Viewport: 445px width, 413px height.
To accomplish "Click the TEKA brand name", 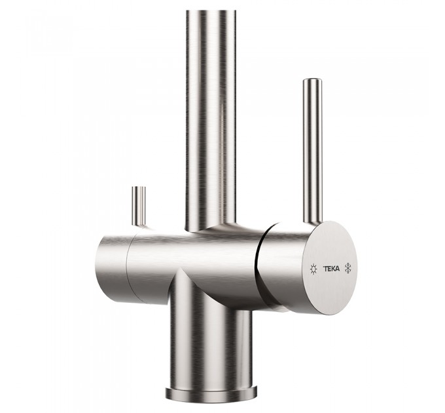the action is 332,269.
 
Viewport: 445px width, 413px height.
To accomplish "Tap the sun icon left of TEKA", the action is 313,269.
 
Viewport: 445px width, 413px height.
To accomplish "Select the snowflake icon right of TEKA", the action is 348,268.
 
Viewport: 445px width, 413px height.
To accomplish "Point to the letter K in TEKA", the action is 333,269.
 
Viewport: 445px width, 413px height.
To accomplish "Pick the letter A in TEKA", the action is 338,269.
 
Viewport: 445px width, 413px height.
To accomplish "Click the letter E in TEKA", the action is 329,269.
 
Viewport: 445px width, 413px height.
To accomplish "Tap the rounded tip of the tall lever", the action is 312,80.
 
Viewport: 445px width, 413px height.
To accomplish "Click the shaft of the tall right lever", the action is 313,151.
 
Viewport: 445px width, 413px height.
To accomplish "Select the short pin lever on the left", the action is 139,206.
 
